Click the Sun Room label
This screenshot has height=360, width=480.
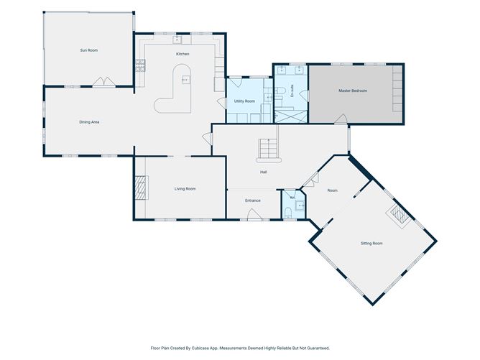[89, 50]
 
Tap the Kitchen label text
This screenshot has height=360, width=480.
[183, 54]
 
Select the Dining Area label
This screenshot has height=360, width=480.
[89, 122]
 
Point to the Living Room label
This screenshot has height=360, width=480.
[185, 189]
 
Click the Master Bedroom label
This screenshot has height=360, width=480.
[353, 91]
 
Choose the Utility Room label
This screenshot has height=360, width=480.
[244, 101]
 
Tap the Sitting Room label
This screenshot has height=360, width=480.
[371, 244]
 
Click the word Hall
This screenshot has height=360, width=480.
[263, 172]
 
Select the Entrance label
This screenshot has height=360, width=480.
[253, 200]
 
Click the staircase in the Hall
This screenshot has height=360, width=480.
[269, 150]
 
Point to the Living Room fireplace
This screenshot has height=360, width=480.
[142, 188]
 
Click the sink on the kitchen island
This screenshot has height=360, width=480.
[186, 80]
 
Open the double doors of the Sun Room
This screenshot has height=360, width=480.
[104, 82]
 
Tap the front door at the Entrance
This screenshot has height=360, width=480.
[254, 215]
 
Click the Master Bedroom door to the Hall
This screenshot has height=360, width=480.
[341, 119]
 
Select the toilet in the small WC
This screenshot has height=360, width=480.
[288, 213]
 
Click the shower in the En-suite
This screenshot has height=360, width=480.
[290, 116]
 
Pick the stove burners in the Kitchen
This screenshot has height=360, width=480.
[140, 65]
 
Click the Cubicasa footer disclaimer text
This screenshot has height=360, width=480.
[240, 348]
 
